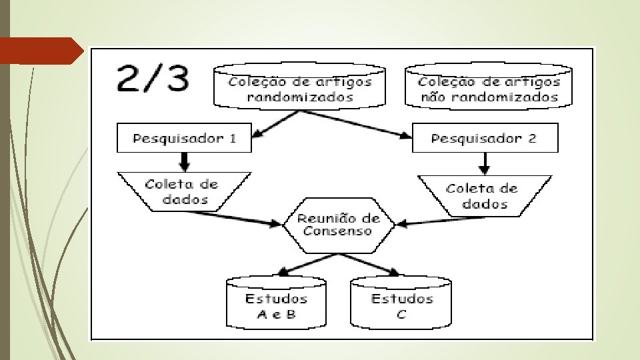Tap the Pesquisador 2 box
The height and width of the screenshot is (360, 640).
click(485, 139)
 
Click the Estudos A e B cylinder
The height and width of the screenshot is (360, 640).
click(276, 305)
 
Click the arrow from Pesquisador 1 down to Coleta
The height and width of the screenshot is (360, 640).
click(185, 161)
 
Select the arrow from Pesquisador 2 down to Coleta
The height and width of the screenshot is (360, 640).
click(485, 163)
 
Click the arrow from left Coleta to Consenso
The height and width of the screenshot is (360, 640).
click(233, 219)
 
